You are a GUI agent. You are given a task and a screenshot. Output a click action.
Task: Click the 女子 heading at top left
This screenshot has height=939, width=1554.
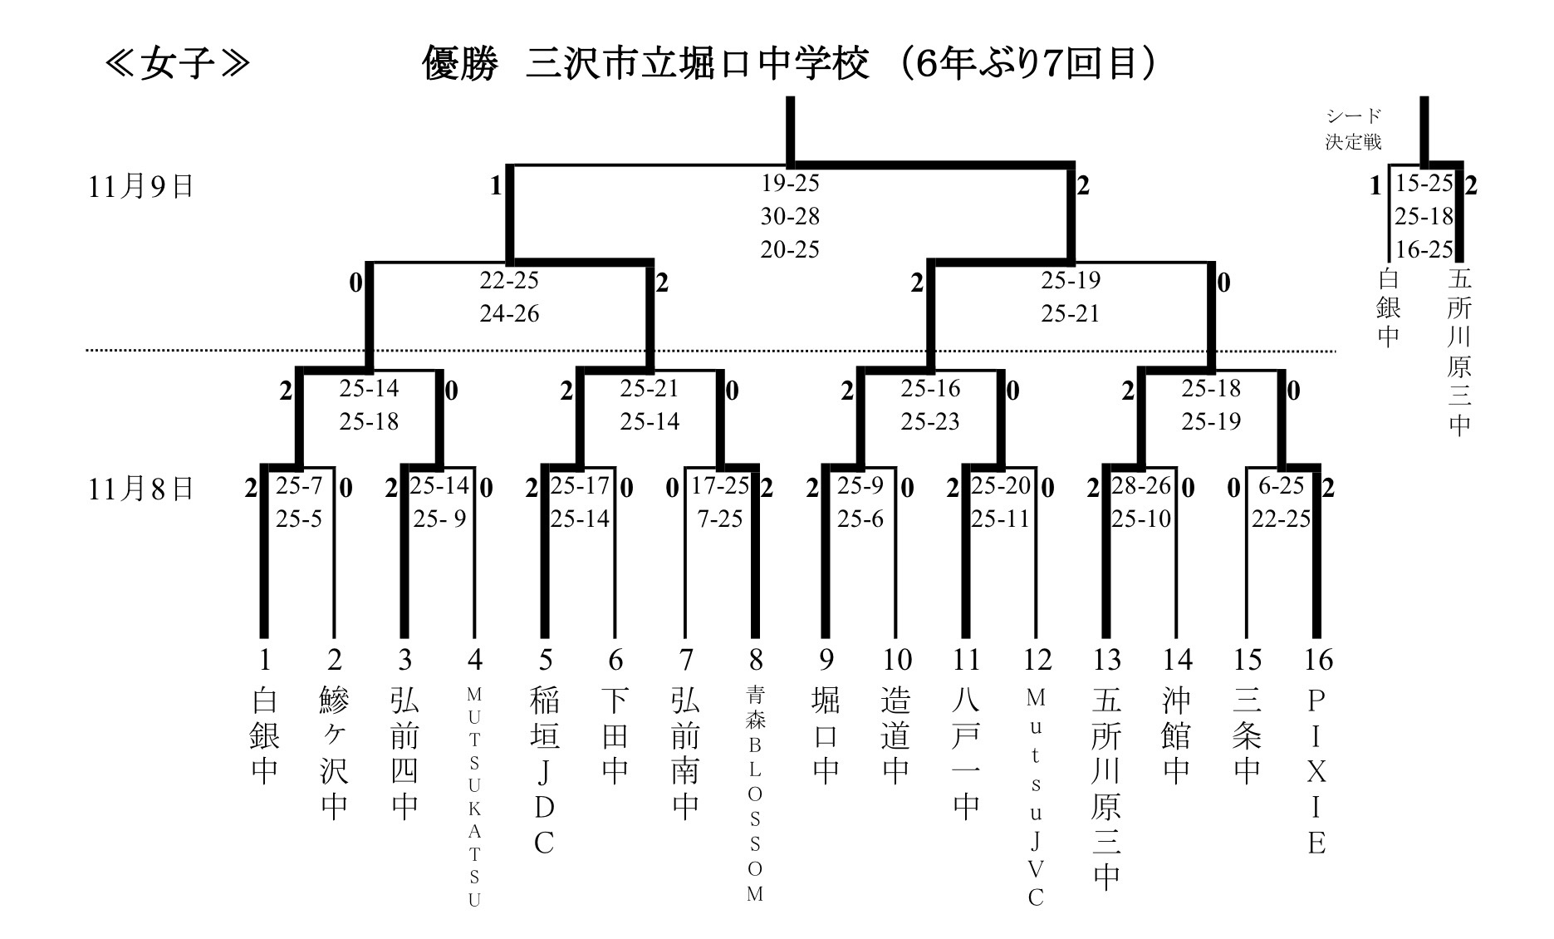pos(177,64)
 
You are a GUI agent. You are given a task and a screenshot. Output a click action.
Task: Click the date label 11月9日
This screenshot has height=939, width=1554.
pos(140,186)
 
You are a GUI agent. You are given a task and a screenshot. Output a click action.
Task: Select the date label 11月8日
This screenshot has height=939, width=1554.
pos(140,489)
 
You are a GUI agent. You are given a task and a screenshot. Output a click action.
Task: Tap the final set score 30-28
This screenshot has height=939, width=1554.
pos(790,216)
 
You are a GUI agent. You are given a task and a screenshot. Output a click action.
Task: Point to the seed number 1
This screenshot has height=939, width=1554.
pos(264,660)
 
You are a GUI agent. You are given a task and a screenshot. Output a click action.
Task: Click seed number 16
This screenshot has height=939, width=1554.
pos(1317,660)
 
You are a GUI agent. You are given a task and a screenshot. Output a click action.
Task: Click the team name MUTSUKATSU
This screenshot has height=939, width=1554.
pos(474,797)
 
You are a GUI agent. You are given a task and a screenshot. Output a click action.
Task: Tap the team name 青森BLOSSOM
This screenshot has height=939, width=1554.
pos(755,794)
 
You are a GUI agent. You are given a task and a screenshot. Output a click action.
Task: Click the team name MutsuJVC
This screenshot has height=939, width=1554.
pos(1036,797)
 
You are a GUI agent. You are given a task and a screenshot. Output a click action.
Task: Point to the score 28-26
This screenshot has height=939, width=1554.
pos(1140,485)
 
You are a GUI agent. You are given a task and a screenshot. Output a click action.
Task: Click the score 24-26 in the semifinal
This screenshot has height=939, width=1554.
pos(509,313)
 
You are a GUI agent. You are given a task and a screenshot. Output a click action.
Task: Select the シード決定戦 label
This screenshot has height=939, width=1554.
pos(1353,129)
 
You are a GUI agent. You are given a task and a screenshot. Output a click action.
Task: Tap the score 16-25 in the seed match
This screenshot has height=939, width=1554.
pos(1424,249)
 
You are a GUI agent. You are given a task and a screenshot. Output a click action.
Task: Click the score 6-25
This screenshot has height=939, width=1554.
pos(1282,485)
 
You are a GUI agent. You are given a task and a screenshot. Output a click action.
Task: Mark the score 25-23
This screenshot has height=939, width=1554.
pos(930,421)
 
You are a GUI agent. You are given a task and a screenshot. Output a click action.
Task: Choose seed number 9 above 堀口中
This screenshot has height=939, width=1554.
pos(826,660)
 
